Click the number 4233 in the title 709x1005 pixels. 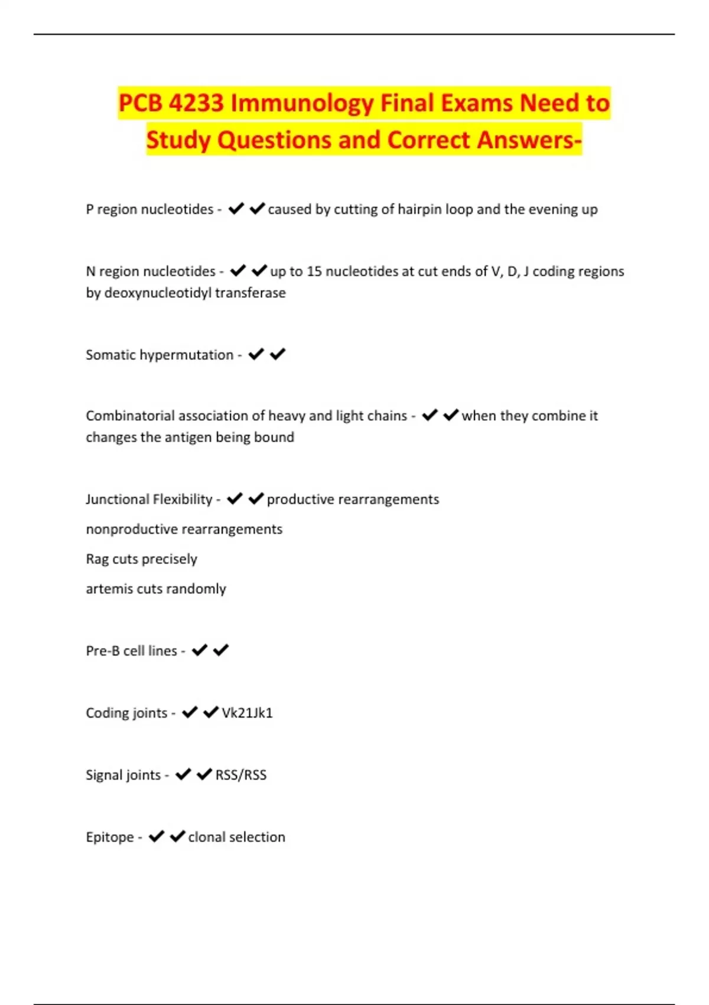(196, 103)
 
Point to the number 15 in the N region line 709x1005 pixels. (314, 271)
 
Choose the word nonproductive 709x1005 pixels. (128, 529)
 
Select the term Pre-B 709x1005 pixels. (102, 651)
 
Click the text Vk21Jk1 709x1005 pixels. (247, 713)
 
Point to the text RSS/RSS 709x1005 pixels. (240, 775)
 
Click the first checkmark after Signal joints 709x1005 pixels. (183, 774)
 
